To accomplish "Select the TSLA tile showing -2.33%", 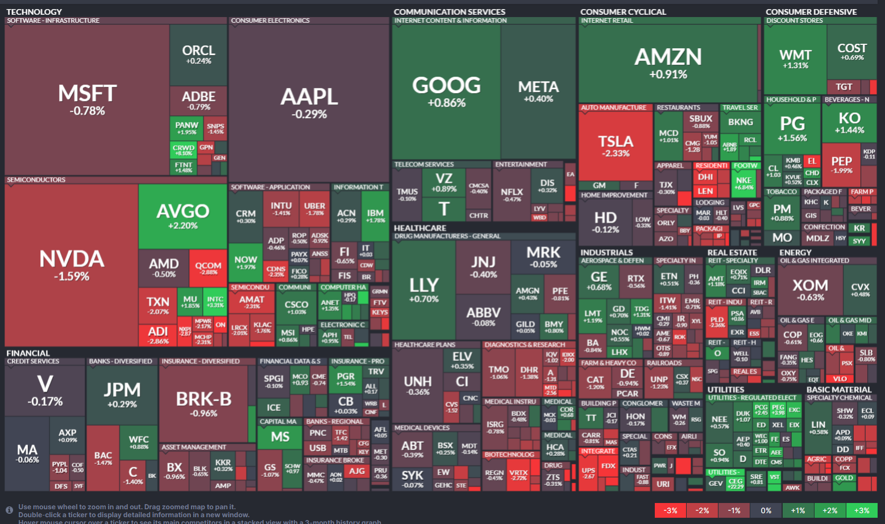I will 615,145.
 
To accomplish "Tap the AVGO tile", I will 182,216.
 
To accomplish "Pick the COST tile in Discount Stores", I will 851,52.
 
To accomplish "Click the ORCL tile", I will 198,54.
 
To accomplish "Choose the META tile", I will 538,91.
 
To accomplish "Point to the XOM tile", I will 810,290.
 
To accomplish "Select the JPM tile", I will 122,395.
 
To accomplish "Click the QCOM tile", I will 208,267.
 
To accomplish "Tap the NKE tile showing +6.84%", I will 743,183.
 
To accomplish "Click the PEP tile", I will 841,164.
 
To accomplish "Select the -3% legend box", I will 670,510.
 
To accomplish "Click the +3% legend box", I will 861,510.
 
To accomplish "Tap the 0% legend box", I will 766,510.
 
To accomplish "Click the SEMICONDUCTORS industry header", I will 36,180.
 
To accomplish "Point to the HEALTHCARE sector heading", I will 420,228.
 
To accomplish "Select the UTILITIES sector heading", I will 725,389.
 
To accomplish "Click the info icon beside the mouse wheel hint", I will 9,510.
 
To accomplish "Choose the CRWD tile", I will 184,150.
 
